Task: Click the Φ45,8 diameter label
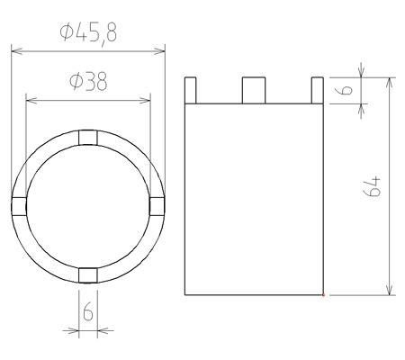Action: [88, 33]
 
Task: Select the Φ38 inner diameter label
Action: [88, 82]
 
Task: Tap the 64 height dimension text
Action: [373, 186]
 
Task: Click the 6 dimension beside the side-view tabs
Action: [346, 90]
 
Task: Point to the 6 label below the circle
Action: [88, 312]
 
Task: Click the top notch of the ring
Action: [88, 138]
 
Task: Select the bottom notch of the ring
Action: [88, 275]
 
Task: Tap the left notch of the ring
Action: [19, 206]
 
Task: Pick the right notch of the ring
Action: [157, 206]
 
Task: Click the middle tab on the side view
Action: [254, 90]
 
